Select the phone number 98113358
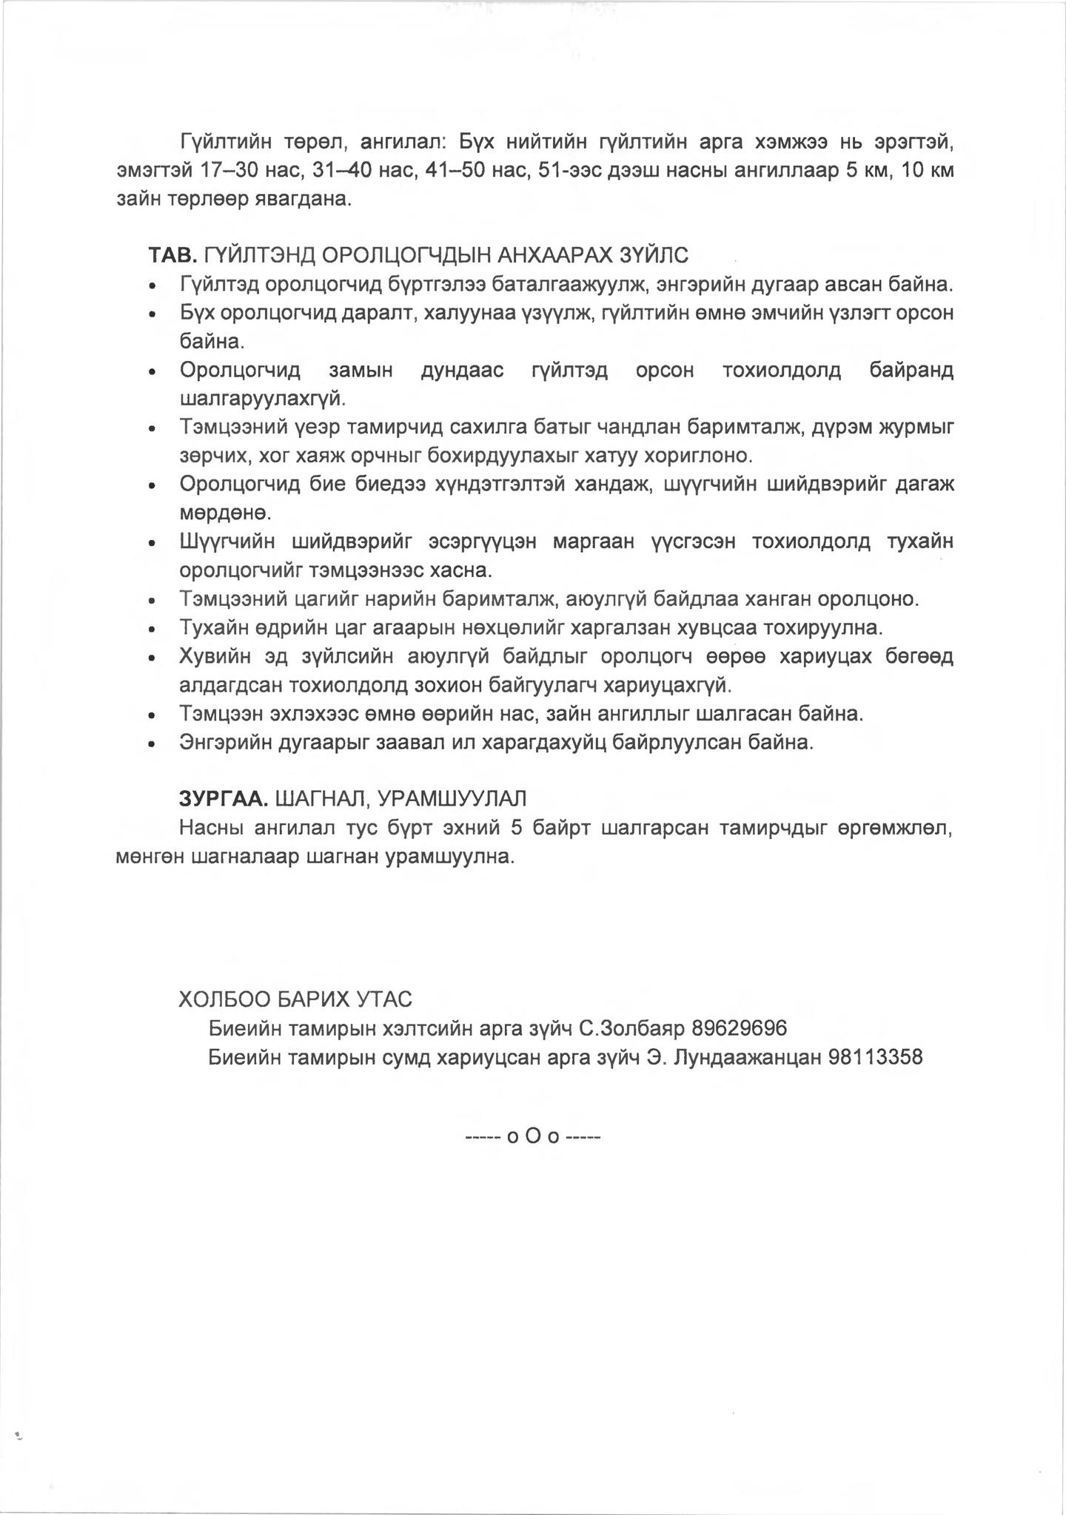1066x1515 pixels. click(x=876, y=1057)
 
